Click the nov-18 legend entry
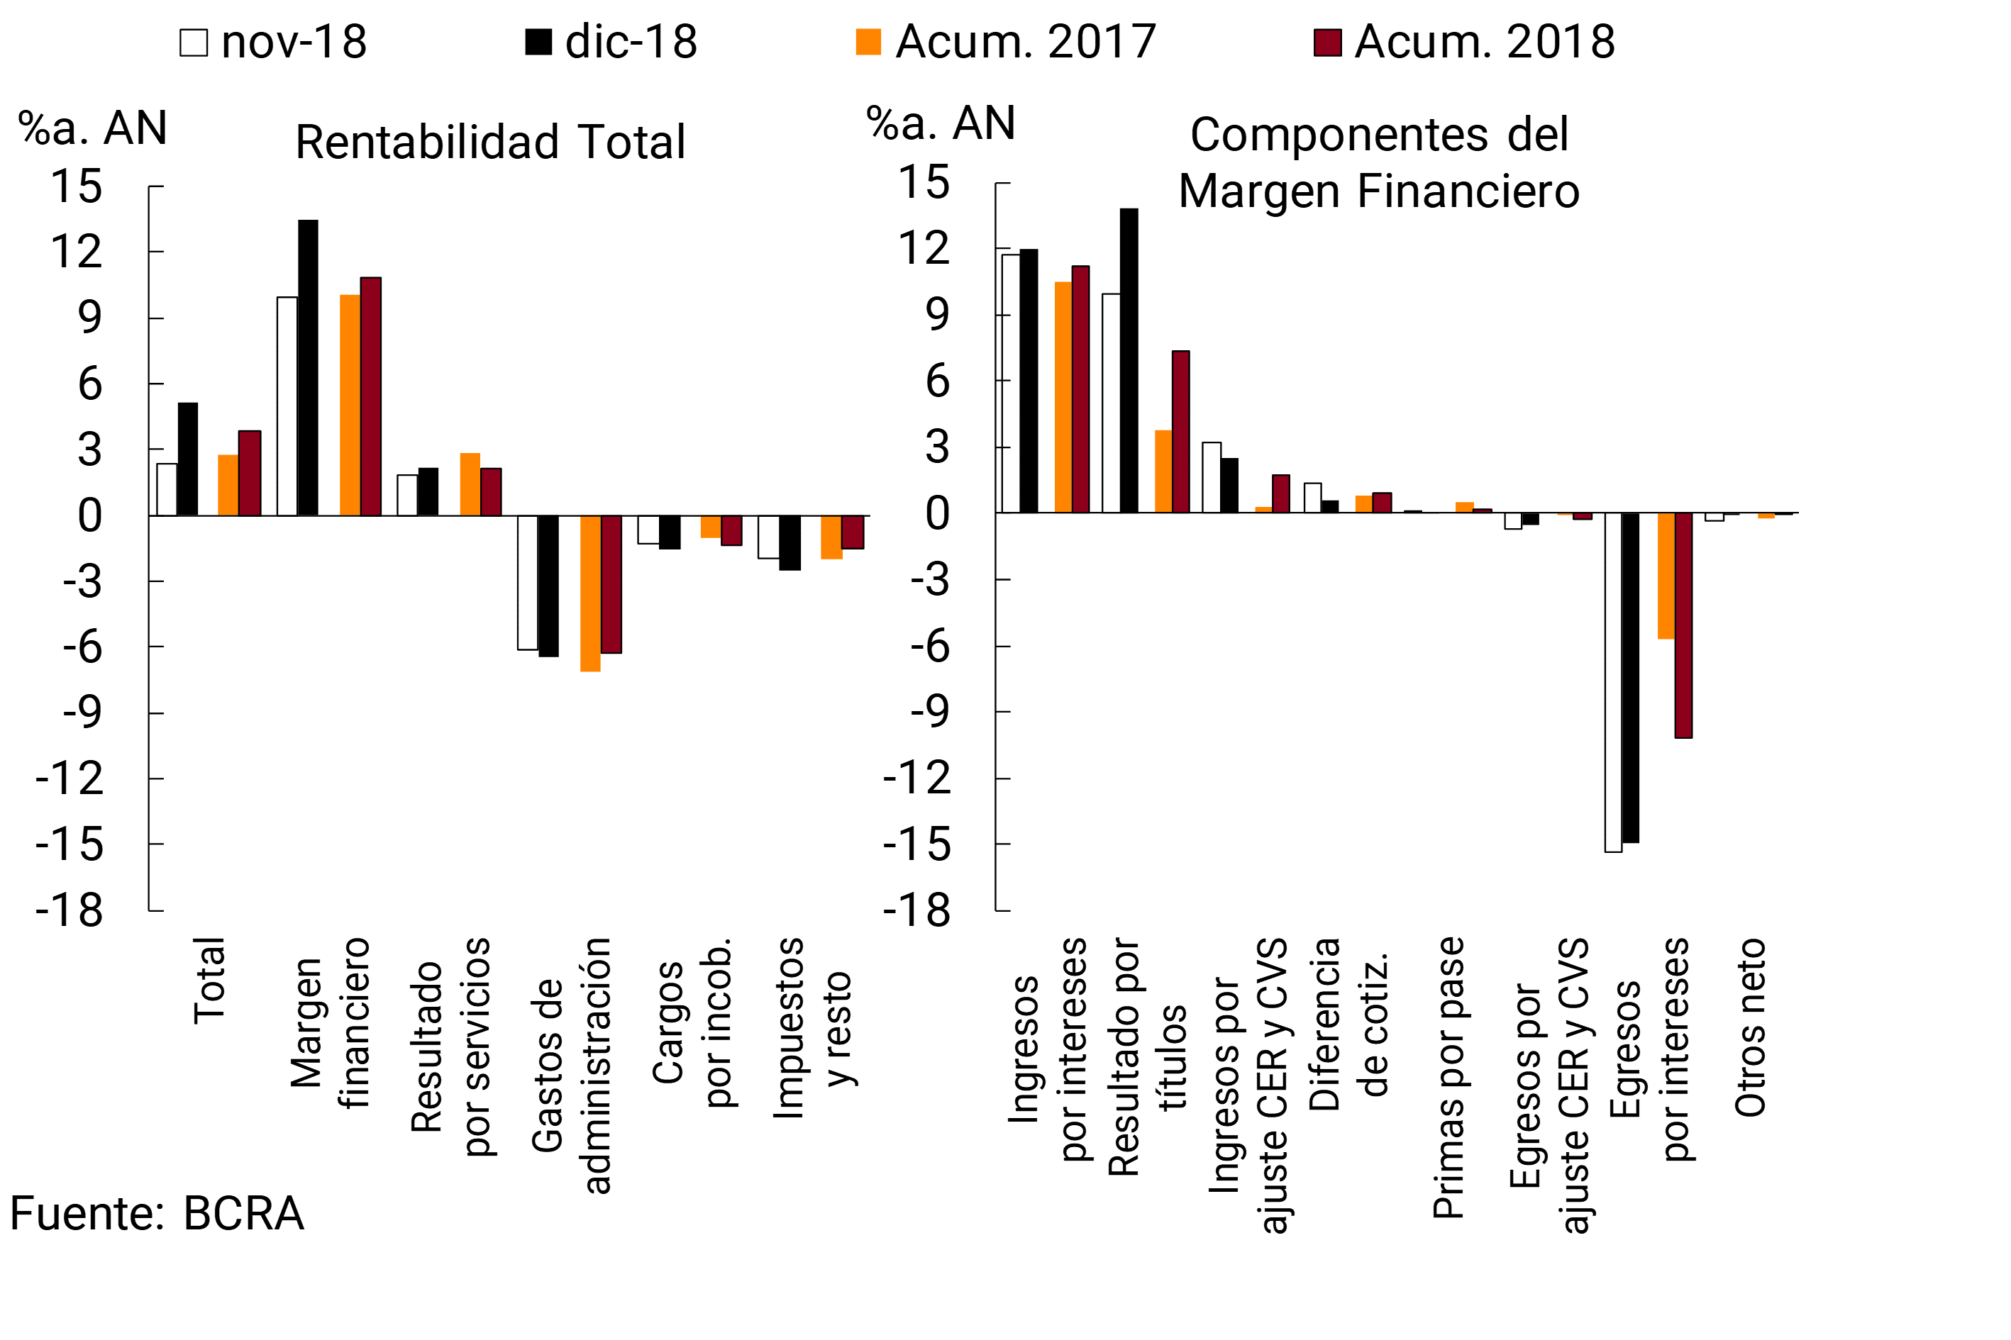[x=273, y=42]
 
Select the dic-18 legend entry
[x=611, y=42]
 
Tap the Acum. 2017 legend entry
[x=1006, y=42]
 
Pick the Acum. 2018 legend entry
[x=1464, y=42]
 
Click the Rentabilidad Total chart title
[x=490, y=142]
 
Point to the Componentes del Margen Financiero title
[x=1378, y=162]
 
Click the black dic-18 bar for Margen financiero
[x=308, y=367]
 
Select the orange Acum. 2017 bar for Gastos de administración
[x=590, y=593]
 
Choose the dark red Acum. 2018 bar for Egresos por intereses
[x=1683, y=625]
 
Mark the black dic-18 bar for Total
[x=187, y=459]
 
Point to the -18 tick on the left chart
[x=70, y=910]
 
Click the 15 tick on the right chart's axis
[x=924, y=182]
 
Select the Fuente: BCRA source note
[x=157, y=1214]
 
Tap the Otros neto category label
[x=1749, y=1027]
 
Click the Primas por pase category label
[x=1448, y=1078]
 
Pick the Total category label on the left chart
[x=209, y=981]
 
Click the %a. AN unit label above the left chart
[x=92, y=128]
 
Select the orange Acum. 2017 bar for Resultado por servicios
[x=470, y=484]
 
